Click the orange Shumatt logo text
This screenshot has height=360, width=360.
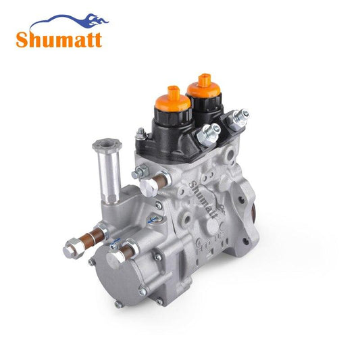click(x=59, y=40)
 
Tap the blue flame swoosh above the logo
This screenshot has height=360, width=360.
click(x=69, y=21)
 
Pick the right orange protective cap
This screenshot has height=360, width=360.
click(x=203, y=86)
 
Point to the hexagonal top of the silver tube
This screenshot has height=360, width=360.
click(x=107, y=144)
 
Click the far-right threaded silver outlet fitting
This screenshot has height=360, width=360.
click(x=239, y=119)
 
